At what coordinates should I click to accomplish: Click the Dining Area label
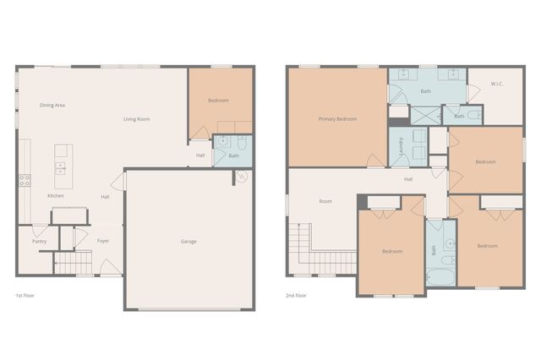tap(52, 105)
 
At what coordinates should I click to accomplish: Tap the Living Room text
tap(136, 119)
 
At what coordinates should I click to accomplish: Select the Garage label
tap(189, 242)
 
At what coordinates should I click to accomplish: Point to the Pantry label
tap(39, 241)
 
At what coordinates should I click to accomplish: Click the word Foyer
tap(103, 241)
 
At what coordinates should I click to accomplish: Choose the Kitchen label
tap(55, 196)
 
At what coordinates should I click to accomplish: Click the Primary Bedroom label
tap(337, 119)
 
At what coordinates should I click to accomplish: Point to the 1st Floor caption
tap(24, 296)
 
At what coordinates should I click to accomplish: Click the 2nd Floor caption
tap(296, 296)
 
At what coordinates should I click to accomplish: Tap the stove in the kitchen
tap(25, 180)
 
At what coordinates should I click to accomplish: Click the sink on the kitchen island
tap(62, 166)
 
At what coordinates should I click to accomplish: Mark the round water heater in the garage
tap(241, 177)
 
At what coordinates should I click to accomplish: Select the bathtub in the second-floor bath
tap(440, 276)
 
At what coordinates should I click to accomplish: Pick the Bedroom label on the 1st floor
tap(218, 101)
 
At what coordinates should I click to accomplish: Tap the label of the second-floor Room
tap(325, 201)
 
